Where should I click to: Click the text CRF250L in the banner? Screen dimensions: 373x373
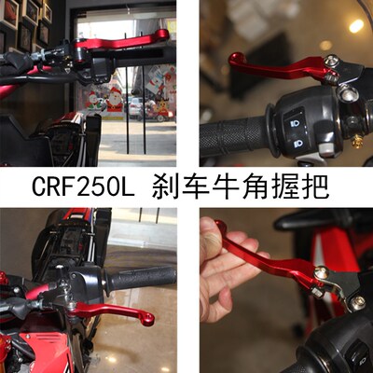87,186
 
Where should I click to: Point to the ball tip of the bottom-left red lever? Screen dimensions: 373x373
148,320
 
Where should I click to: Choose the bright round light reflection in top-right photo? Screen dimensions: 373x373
355,26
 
